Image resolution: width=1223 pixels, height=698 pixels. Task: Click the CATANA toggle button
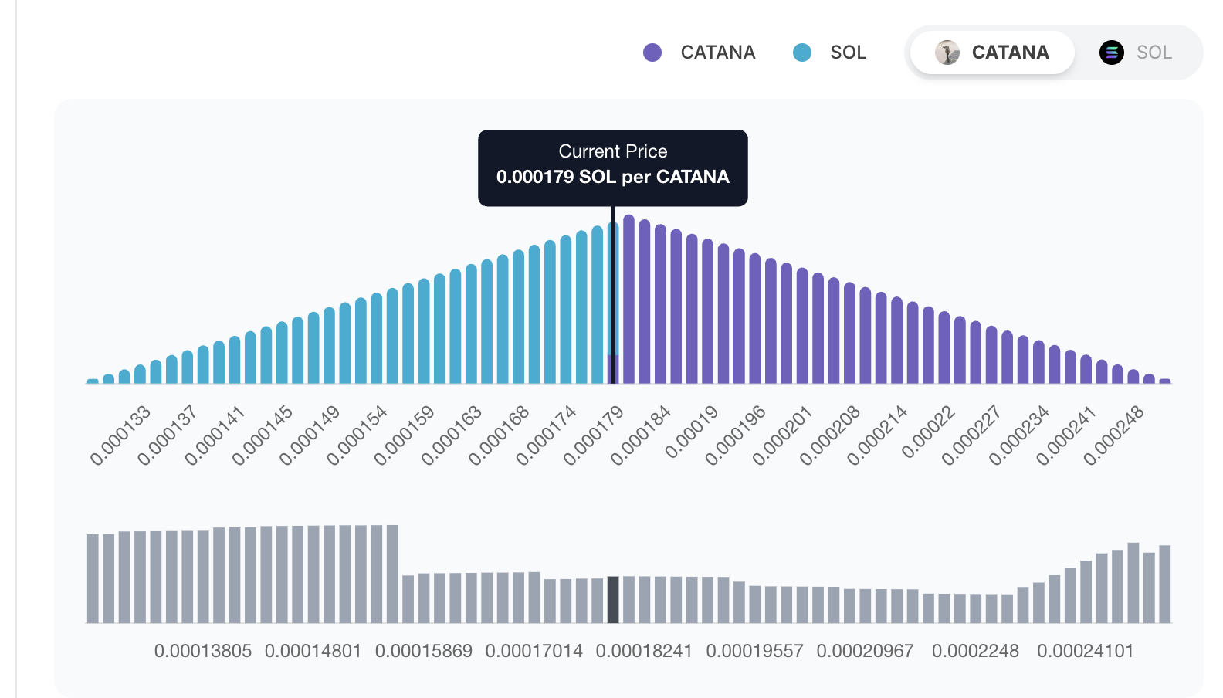(x=992, y=53)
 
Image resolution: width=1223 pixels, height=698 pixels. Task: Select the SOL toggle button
(x=1137, y=53)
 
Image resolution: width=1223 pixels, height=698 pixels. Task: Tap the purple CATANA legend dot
(x=652, y=53)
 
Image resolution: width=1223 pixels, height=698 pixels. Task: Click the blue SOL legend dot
(x=802, y=53)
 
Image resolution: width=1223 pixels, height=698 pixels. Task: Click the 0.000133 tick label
(x=120, y=435)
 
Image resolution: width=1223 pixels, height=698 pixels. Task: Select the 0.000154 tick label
(x=357, y=435)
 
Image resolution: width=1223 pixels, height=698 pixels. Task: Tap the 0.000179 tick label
(x=593, y=435)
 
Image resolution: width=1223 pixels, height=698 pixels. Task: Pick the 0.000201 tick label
(x=782, y=435)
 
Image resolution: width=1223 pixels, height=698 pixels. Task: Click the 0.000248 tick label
(x=1113, y=435)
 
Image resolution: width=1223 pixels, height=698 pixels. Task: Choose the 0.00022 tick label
(x=929, y=432)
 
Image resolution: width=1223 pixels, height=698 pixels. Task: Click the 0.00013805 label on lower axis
(x=203, y=651)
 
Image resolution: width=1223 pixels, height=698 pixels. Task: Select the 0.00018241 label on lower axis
(x=644, y=651)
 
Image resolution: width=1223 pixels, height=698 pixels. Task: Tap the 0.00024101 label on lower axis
(x=1085, y=651)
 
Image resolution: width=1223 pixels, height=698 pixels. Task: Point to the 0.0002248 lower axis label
(x=975, y=651)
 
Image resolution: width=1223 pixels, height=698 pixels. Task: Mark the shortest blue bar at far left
(x=93, y=381)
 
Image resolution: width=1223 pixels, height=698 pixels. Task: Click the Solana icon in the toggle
(x=1111, y=53)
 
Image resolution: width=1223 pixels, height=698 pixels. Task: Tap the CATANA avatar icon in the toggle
(x=947, y=53)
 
